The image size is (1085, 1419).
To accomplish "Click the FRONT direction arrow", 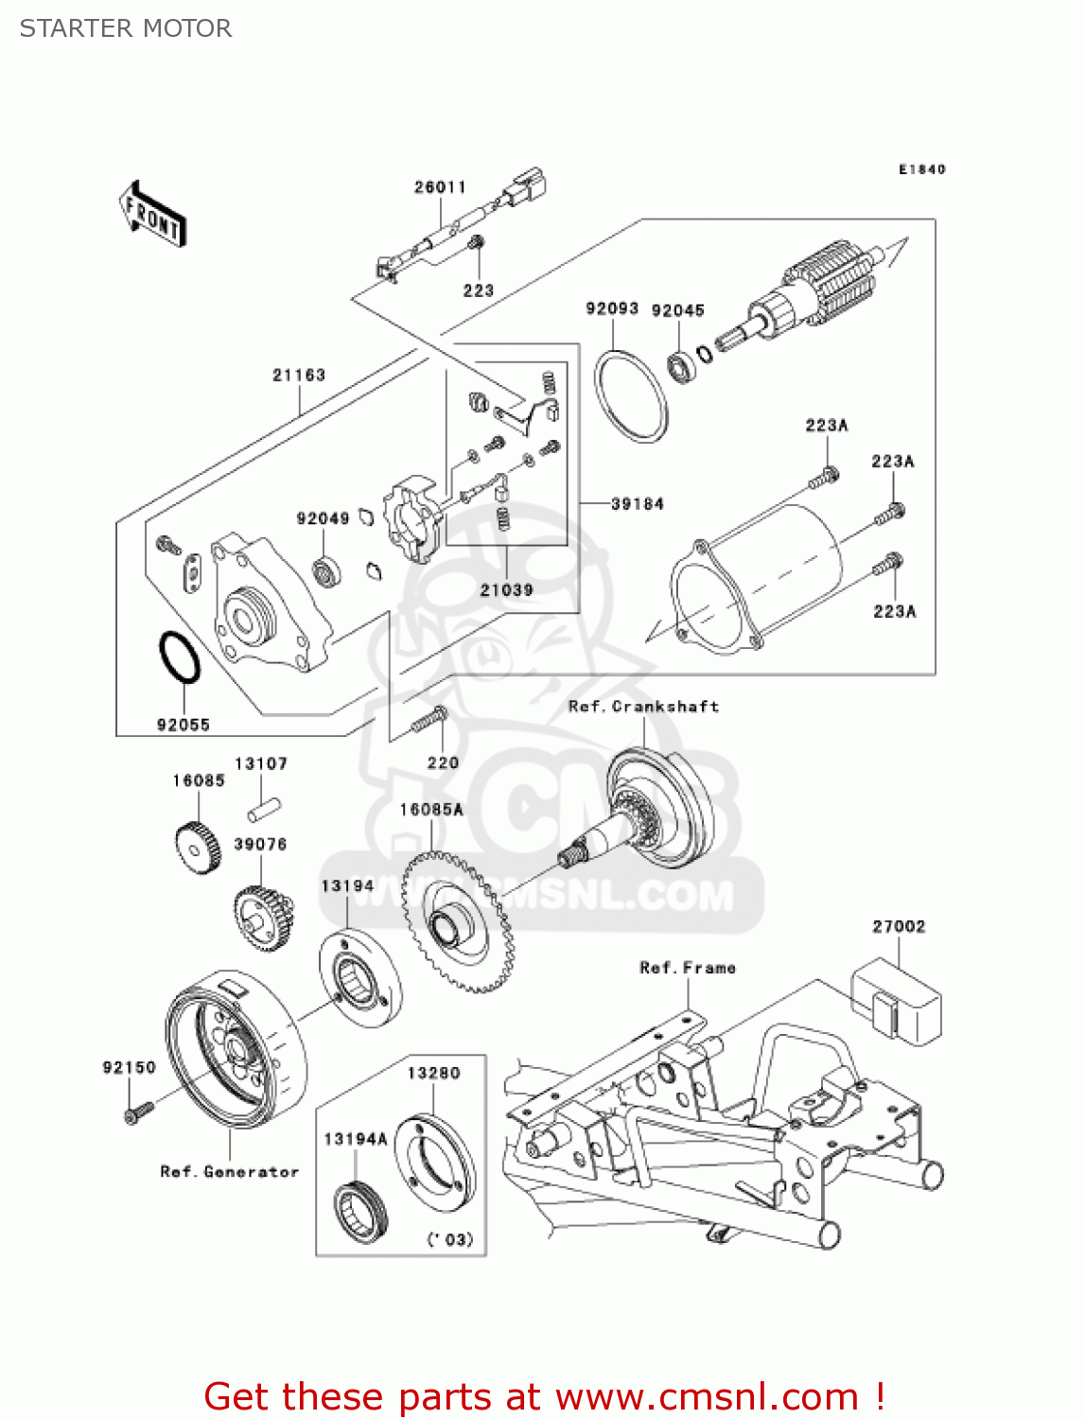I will point(152,215).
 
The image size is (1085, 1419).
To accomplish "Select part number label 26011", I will point(440,187).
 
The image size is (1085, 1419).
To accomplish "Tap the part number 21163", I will point(299,376).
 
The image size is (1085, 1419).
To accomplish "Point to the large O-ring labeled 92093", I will point(630,395).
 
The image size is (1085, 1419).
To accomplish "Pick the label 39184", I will point(637,504).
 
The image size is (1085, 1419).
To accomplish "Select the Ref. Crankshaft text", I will point(643,707).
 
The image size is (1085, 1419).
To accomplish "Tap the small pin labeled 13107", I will point(264,810).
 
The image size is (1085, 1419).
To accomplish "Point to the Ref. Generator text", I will point(229,1172).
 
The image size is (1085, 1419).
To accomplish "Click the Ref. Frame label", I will point(688,968).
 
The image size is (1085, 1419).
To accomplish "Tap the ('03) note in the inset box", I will point(449,1239).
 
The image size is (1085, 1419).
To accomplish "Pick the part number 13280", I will point(433,1073).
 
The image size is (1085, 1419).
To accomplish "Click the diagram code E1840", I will point(921,169).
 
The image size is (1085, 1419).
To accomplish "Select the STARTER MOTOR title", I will point(126,28).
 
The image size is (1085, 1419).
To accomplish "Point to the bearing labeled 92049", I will point(326,571).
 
